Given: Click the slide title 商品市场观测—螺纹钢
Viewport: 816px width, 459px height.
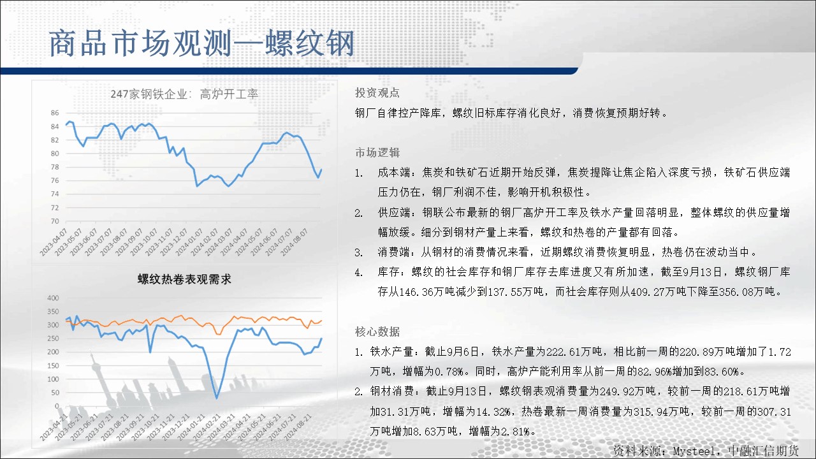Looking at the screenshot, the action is click(201, 43).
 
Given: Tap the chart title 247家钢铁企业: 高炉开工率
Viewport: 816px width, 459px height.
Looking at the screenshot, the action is click(184, 94).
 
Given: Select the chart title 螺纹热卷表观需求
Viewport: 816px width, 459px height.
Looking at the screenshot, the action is click(184, 279).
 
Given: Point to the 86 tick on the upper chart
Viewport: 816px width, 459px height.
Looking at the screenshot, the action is click(55, 113).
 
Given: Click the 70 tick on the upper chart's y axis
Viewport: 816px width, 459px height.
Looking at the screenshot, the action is click(55, 221).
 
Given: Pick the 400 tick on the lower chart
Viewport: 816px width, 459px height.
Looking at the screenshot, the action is click(53, 298).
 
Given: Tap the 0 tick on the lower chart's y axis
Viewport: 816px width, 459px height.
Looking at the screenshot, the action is click(57, 406).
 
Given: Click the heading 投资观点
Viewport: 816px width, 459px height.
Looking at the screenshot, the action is click(377, 93).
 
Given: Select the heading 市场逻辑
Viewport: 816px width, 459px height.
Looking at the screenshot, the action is click(377, 152).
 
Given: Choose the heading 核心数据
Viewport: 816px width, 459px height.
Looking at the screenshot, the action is click(377, 331).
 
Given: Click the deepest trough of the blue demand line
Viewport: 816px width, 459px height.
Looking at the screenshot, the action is click(217, 397).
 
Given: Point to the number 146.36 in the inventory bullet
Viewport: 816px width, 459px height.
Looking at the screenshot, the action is click(416, 292).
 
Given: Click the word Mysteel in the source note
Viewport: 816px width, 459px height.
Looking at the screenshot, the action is click(694, 451).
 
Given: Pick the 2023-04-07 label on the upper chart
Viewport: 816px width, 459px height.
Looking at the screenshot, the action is click(54, 242).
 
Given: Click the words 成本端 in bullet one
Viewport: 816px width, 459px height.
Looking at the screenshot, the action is click(394, 172).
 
